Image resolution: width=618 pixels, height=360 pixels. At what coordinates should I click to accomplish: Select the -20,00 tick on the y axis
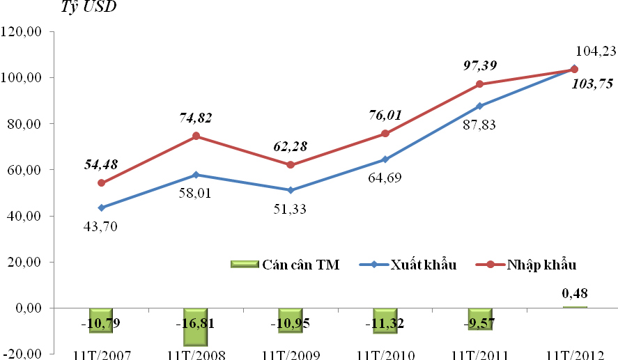click(23, 354)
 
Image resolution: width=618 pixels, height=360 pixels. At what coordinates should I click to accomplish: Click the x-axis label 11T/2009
click(289, 355)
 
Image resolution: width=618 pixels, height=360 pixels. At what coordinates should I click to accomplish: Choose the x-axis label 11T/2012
click(573, 355)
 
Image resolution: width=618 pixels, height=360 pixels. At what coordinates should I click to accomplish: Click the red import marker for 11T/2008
click(196, 136)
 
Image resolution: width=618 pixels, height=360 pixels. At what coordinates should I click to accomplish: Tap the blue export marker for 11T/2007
click(102, 208)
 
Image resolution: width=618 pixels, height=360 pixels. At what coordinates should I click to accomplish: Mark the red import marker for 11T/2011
click(480, 84)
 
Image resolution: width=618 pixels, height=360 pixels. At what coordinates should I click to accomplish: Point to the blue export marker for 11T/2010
click(385, 159)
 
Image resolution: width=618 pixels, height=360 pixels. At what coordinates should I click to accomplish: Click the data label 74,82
click(195, 118)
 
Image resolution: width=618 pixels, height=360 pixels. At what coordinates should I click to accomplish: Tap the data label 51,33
click(291, 208)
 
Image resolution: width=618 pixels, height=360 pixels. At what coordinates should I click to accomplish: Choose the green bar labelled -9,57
click(480, 318)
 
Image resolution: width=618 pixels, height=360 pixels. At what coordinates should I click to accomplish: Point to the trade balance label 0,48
click(575, 295)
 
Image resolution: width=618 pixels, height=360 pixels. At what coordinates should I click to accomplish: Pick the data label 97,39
click(480, 65)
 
